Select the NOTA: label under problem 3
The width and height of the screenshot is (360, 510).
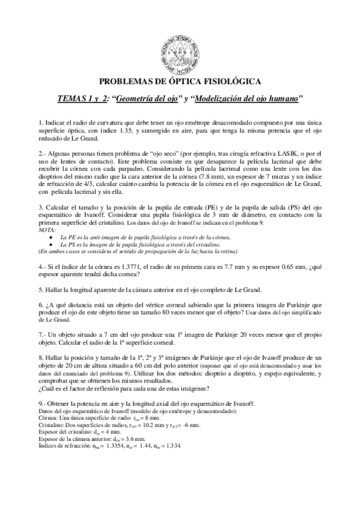coord(46,230)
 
